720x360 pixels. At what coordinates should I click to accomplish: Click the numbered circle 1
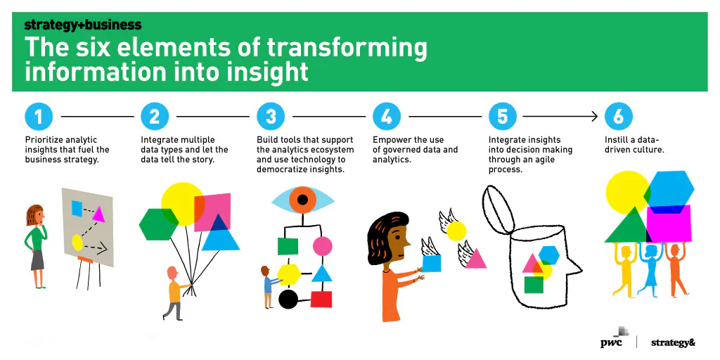[39, 117]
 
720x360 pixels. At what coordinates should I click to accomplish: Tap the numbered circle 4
[387, 117]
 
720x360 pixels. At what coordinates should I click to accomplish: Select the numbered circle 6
[619, 117]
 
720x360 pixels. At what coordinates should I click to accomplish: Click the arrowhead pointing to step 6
[594, 117]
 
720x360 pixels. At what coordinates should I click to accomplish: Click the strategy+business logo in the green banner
[83, 25]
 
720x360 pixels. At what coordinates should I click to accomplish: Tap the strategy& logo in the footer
[673, 342]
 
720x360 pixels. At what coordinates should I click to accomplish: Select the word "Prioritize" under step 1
[44, 140]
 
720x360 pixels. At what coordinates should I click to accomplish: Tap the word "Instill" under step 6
[615, 140]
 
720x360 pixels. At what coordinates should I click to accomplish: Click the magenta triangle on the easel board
[98, 214]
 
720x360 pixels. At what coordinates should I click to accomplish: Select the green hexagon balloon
[159, 224]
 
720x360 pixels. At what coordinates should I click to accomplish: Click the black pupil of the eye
[302, 200]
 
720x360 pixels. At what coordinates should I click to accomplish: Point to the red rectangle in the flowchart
[321, 299]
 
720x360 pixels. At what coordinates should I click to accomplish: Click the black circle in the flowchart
[288, 299]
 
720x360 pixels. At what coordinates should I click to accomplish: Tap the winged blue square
[432, 263]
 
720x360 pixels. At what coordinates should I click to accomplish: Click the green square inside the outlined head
[534, 284]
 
